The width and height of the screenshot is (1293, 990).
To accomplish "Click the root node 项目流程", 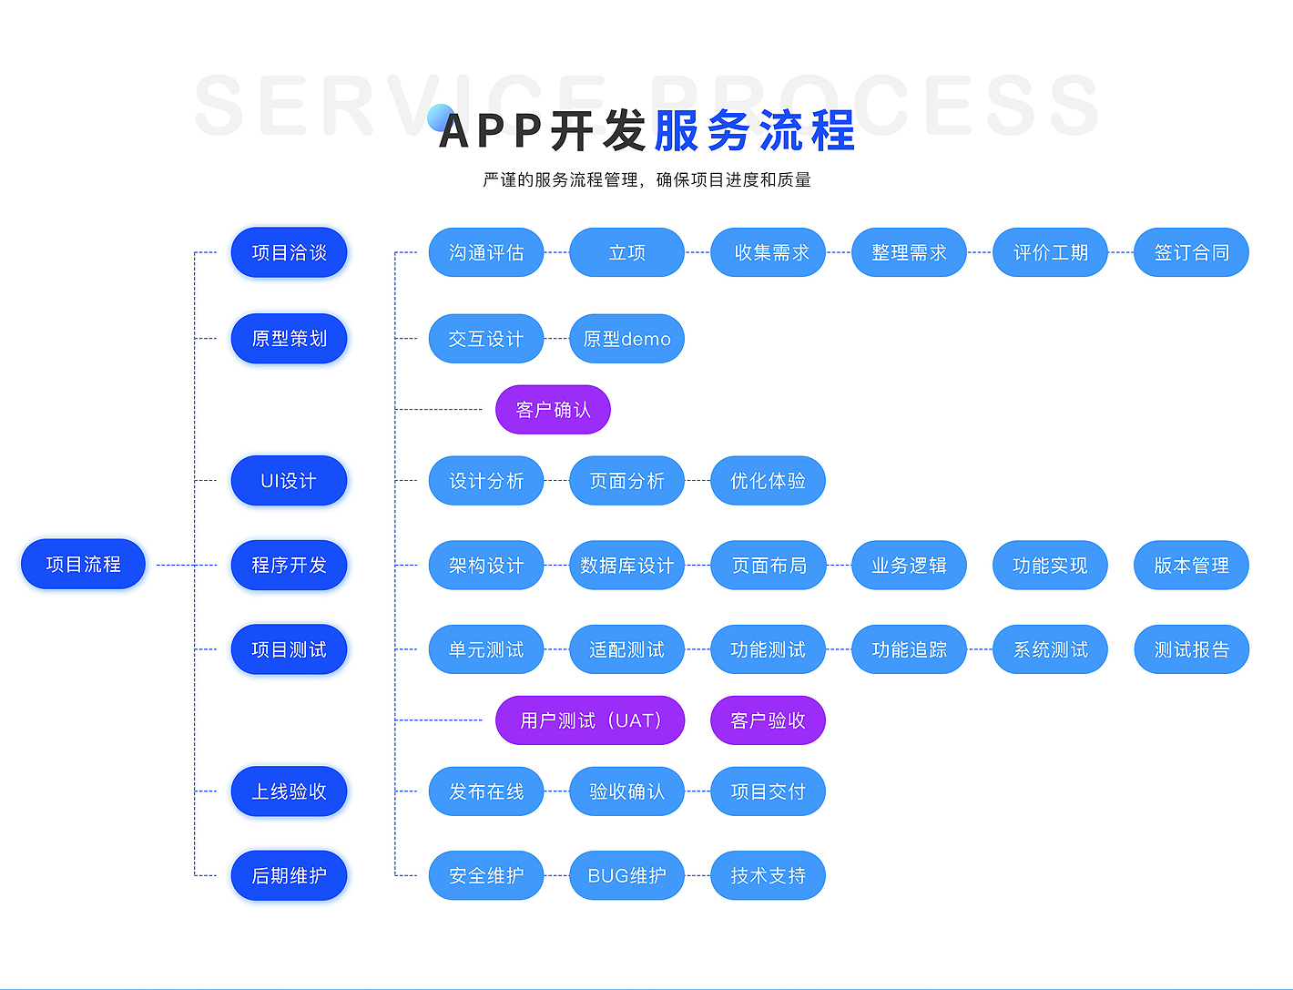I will click(x=83, y=565).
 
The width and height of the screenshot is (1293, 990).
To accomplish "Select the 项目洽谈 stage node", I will click(x=289, y=252).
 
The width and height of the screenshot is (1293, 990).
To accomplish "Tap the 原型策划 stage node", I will click(x=289, y=338).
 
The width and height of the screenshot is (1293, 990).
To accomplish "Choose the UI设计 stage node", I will click(x=289, y=480).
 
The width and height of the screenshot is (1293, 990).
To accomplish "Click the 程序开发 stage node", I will click(x=289, y=565).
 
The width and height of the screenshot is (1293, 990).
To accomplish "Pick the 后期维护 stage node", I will click(x=289, y=875).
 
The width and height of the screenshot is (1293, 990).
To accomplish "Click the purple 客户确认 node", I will click(x=553, y=410).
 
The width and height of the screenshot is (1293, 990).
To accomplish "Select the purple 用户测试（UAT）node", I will click(x=589, y=720).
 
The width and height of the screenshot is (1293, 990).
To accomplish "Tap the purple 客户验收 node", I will click(x=768, y=720).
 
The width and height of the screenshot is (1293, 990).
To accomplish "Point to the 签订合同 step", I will click(x=1191, y=252).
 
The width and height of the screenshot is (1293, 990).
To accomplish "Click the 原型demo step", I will click(x=626, y=339).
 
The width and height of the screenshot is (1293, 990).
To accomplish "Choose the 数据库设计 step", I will click(x=626, y=566).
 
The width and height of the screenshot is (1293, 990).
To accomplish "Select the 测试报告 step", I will click(x=1191, y=649).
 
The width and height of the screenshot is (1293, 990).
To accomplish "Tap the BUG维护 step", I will click(x=626, y=875).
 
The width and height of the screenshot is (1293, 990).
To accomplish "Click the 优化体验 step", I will click(x=768, y=480).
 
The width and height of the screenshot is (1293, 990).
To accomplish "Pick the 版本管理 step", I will click(x=1191, y=566).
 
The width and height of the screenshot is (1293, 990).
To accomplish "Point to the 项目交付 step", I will click(x=768, y=791).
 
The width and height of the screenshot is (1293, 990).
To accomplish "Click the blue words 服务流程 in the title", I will click(x=754, y=130).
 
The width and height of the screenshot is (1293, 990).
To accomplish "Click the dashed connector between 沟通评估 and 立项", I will click(x=556, y=252).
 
